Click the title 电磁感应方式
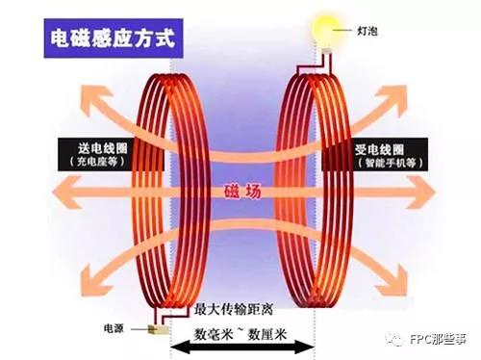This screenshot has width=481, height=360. (x=113, y=39)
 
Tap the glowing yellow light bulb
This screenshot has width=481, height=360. (x=326, y=28)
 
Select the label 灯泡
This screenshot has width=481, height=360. (x=367, y=31)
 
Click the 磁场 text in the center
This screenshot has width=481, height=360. (x=242, y=192)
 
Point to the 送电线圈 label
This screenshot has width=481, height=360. (x=103, y=148)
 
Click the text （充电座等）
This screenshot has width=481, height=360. (x=98, y=162)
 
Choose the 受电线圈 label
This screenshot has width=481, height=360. (x=379, y=149)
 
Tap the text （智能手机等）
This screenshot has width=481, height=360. (x=390, y=163)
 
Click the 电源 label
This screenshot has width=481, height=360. (x=114, y=328)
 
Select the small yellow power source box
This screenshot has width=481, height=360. (x=158, y=329)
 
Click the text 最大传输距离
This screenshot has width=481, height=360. (x=234, y=310)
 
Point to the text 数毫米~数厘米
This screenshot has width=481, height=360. (x=240, y=334)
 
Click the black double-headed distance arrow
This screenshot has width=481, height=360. (x=242, y=347)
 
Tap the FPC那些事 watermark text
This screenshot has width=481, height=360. (x=438, y=339)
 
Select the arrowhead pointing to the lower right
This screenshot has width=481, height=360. (x=397, y=280)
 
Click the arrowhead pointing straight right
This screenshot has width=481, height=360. (x=421, y=193)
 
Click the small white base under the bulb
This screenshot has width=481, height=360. (x=327, y=51)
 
